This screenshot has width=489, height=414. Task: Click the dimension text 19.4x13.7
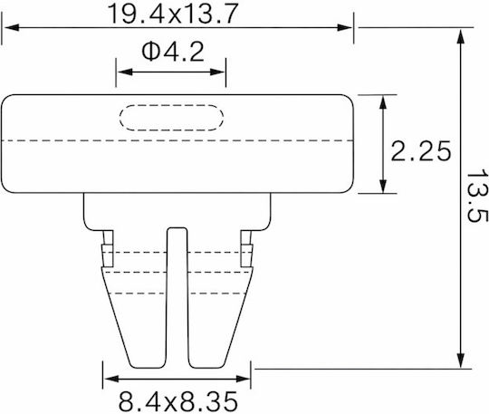pos(173,14)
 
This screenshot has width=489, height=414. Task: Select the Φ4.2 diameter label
pos(173,52)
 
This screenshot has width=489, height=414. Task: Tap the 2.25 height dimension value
pos(420,151)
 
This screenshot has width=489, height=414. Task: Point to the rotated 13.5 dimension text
pos(476,196)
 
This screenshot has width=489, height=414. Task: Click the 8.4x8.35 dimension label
pos(178,401)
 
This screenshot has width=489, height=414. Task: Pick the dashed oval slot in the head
pos(171,117)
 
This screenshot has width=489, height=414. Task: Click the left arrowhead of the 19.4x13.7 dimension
pos(12,27)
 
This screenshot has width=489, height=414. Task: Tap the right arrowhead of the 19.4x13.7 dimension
pos(345,27)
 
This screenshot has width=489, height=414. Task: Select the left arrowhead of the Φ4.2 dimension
pos(125,72)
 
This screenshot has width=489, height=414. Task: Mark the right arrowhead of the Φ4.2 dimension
pos(217,72)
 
